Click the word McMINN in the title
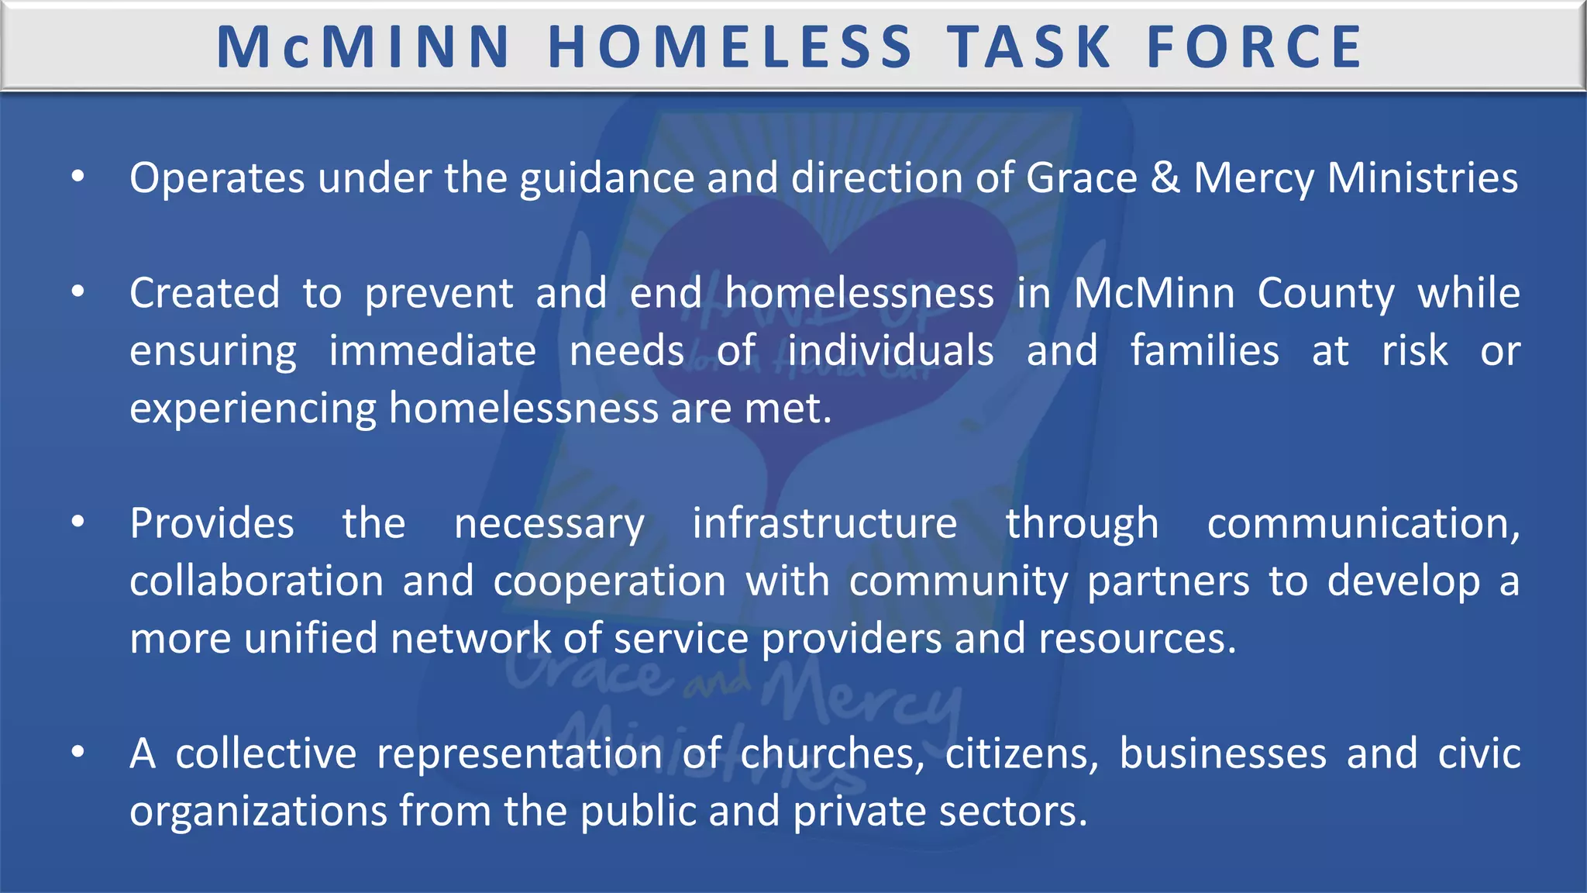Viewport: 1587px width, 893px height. click(x=363, y=47)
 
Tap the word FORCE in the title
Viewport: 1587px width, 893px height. click(x=1255, y=47)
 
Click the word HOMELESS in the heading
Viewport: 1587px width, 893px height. click(x=730, y=47)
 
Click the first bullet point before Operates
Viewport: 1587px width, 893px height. click(x=77, y=178)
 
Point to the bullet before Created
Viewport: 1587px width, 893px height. click(x=77, y=293)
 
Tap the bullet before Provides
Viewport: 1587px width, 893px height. click(x=77, y=523)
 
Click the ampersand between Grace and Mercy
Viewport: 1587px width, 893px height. click(x=1165, y=178)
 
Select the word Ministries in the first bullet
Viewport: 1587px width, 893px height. click(x=1422, y=178)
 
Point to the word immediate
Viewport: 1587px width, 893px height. click(x=432, y=351)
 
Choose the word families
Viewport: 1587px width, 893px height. click(x=1204, y=351)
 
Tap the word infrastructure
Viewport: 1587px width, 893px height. click(x=824, y=524)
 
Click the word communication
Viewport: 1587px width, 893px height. click(x=1362, y=524)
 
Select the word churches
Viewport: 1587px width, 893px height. click(x=832, y=754)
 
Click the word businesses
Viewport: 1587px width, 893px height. click(x=1223, y=754)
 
